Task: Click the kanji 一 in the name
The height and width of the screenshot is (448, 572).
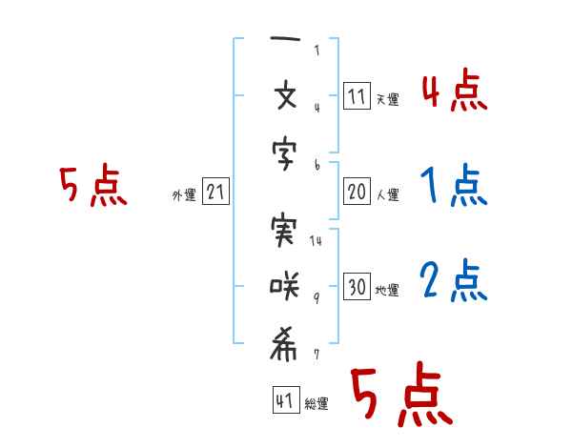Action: pos(285,38)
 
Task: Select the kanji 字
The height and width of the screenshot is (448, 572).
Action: pos(284,154)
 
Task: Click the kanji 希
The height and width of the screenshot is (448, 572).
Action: pos(283,344)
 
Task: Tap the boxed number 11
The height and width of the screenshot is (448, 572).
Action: pos(357,95)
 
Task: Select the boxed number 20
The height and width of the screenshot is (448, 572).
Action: pos(357,191)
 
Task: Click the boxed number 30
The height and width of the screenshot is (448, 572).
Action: pos(357,286)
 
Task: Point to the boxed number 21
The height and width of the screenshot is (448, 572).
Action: pos(215,191)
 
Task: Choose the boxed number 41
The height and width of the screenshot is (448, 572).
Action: pos(286,399)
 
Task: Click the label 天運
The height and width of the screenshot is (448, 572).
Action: pos(388,99)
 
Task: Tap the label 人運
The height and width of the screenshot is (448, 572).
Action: pos(388,194)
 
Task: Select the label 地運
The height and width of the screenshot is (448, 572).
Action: pos(387,291)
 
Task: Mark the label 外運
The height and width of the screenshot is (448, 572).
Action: pos(184,194)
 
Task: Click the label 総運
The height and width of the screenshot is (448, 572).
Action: pos(317,403)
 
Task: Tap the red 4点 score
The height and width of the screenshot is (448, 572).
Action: pos(455,90)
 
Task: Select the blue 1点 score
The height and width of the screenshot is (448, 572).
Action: pos(454,185)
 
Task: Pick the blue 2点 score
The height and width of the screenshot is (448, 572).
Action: pos(454,280)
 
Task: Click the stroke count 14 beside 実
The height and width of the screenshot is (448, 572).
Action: pos(316,240)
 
